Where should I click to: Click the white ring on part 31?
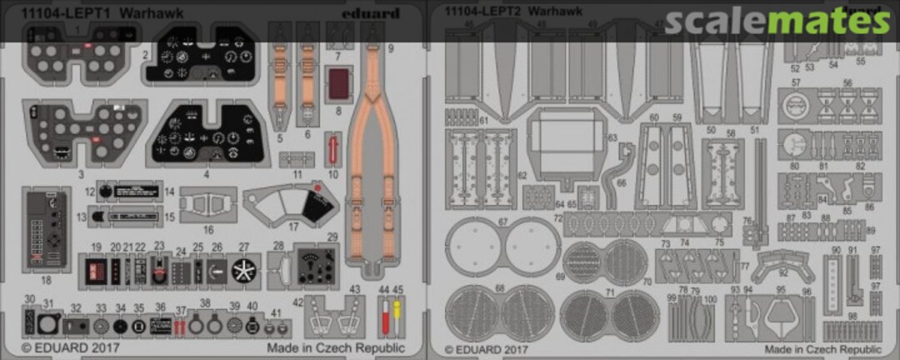[48, 323]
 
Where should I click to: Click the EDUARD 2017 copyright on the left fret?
[71, 347]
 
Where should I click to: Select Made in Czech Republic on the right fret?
[822, 347]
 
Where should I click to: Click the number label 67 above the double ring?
[502, 222]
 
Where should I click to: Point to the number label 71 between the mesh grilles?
[609, 292]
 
